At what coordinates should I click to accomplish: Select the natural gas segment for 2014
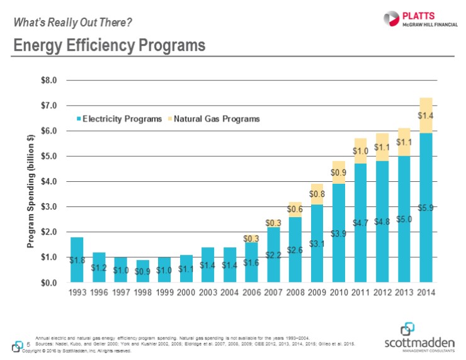426,115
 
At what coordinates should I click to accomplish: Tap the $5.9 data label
426,207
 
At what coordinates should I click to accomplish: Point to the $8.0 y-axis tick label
48,81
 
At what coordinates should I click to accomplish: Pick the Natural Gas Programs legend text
217,118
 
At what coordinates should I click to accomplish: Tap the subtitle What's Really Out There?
73,23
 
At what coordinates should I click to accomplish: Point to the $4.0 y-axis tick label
48,181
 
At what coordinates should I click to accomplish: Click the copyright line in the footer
76,351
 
